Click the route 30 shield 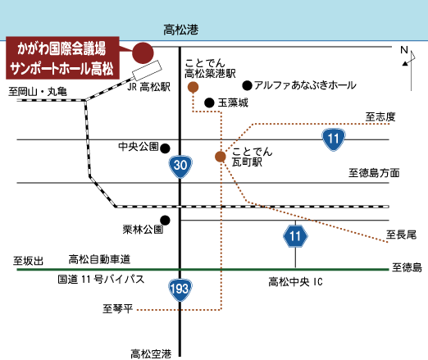(x=180, y=166)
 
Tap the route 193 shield (x=180, y=289)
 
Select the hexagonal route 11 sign (x=295, y=236)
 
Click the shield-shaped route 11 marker (x=334, y=139)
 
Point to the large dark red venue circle (x=143, y=53)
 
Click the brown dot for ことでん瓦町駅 (x=221, y=157)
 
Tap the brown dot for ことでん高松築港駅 (x=193, y=87)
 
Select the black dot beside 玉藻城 (x=209, y=103)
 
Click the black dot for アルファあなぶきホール (x=247, y=85)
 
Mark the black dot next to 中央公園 (x=165, y=148)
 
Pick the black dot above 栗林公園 (x=165, y=220)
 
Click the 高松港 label (x=181, y=30)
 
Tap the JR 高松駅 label (x=148, y=87)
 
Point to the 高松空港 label (x=151, y=354)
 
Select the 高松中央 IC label (x=295, y=282)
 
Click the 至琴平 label (x=118, y=309)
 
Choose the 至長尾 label (x=401, y=235)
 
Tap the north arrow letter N (x=404, y=50)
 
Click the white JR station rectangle (x=147, y=71)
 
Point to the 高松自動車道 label (x=99, y=259)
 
